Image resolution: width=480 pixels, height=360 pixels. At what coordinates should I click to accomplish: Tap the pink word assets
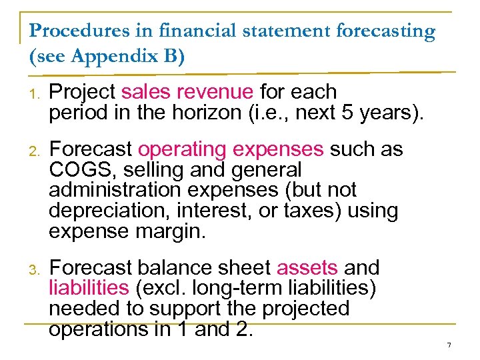(307, 267)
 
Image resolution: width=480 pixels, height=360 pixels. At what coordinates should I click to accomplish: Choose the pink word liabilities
(89, 288)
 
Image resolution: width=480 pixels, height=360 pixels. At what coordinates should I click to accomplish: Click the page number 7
(449, 345)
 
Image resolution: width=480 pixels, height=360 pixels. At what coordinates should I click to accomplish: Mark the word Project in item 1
(83, 91)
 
